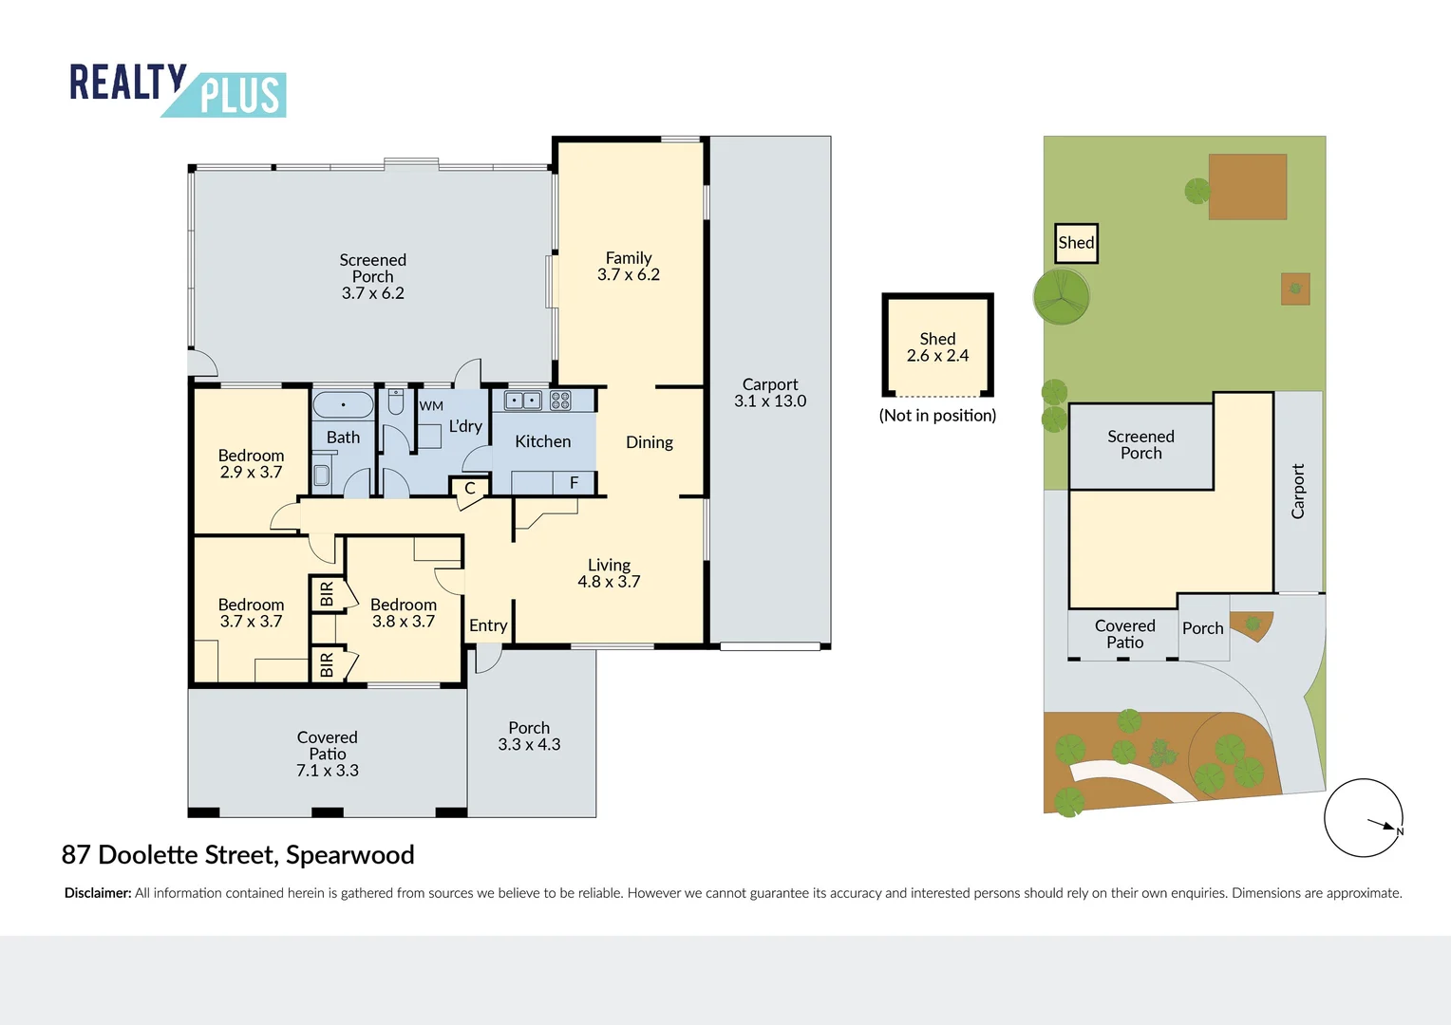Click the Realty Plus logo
pos(178,89)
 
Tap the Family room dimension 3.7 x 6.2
pos(628,275)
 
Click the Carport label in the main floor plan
pos(769,384)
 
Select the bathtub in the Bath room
pos(343,405)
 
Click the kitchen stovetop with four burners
pos(560,401)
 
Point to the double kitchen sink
pos(522,401)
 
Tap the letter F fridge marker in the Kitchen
pos(574,483)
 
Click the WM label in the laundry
pos(431,406)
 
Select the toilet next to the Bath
pos(396,402)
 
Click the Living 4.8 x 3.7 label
pos(609,573)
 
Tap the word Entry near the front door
pos(488,625)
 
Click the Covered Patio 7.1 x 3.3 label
pos(328,754)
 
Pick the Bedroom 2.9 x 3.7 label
pos(251,463)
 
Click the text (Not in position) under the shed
pos(937,416)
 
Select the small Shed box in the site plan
pos(1076,243)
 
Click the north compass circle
pos(1363,818)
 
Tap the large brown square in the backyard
pos(1247,187)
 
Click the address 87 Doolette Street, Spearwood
pos(237,854)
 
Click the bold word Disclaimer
pos(98,893)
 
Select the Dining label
pos(650,442)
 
